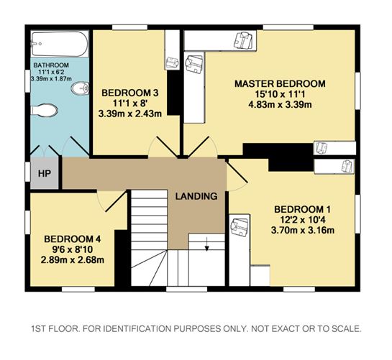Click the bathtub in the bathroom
[60, 44]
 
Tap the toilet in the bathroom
[44, 110]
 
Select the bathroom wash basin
[80, 88]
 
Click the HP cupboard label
[45, 173]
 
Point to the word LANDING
[196, 196]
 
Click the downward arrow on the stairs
[206, 244]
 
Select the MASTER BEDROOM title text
[280, 83]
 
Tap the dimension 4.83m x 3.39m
[280, 104]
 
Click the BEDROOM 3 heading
[130, 93]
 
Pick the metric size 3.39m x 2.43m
[130, 114]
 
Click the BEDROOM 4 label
[73, 239]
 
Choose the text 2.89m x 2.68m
[73, 260]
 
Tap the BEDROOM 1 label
[303, 209]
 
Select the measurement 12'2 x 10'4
[303, 220]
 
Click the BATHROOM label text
[51, 65]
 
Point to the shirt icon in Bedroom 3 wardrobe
[173, 63]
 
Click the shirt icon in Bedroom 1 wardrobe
[240, 226]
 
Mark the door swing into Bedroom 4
[111, 201]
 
